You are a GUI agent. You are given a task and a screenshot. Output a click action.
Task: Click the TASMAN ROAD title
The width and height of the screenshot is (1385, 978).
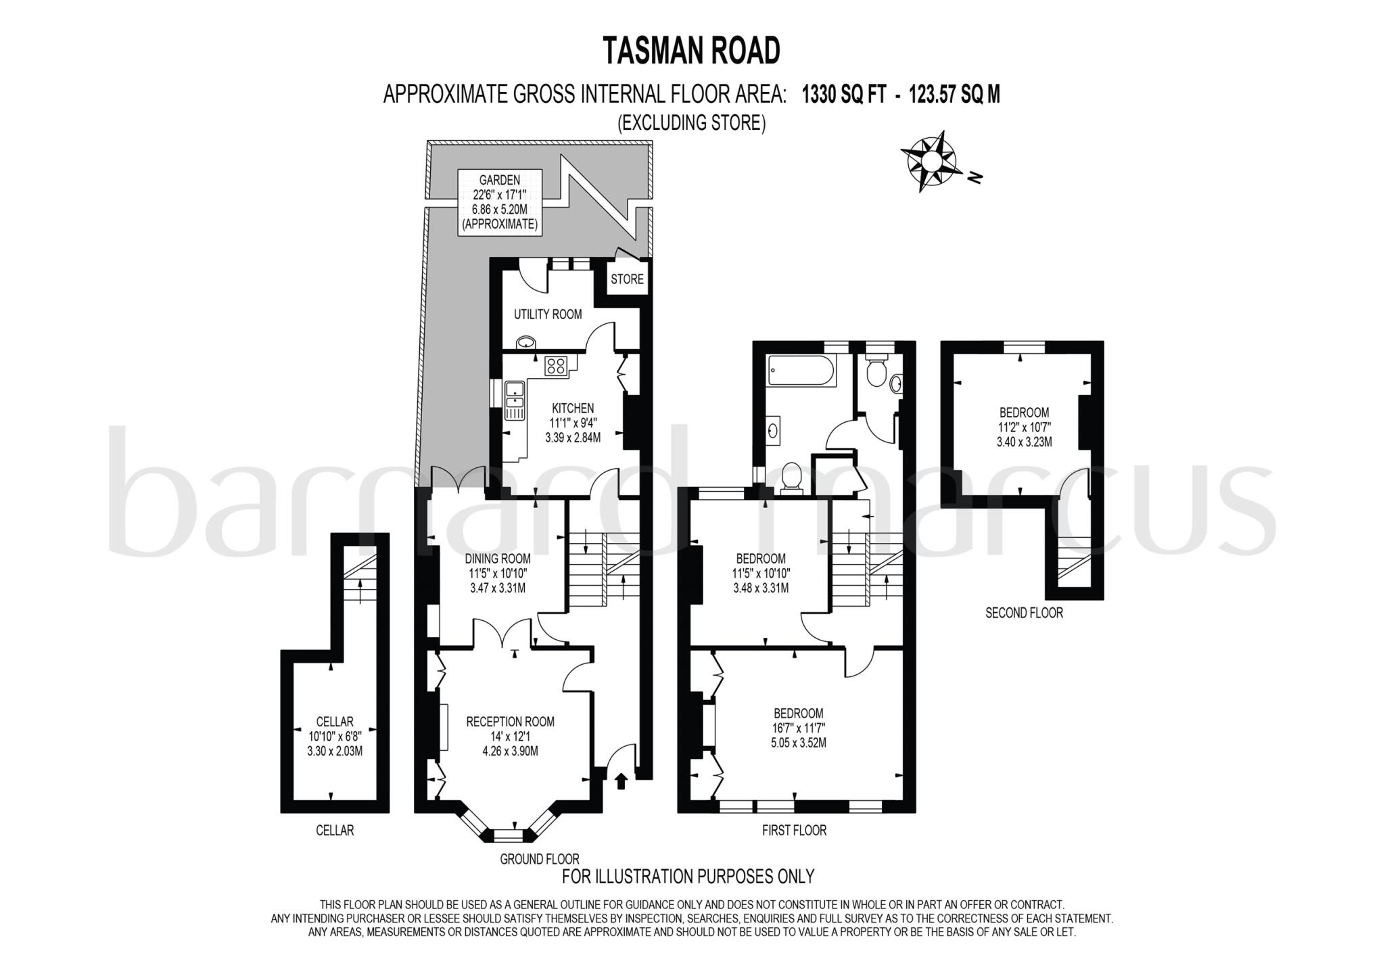691,51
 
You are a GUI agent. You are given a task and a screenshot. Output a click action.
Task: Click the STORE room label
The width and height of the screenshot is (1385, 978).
627,279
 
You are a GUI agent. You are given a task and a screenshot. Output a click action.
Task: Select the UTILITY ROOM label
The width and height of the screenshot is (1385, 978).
548,314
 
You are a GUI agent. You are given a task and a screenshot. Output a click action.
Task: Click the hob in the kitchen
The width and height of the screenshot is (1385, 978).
557,366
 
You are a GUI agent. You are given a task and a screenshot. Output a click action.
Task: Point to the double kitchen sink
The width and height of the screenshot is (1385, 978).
515,400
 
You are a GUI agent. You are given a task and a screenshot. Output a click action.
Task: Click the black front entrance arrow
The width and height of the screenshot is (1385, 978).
621,782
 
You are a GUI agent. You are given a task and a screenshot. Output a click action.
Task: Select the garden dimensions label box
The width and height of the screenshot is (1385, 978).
500,202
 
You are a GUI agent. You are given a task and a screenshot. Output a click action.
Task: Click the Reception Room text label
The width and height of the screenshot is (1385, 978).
511,722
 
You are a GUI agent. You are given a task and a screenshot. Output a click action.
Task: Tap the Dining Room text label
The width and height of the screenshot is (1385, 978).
498,559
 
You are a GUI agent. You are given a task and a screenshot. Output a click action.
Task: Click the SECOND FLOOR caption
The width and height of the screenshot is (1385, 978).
1024,613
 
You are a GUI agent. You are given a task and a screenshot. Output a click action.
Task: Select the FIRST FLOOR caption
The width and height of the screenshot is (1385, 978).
794,830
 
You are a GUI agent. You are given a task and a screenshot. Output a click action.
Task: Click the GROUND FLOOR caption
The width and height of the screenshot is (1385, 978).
540,859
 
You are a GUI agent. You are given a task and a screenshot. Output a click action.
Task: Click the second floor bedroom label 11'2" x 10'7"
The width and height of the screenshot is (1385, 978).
1024,427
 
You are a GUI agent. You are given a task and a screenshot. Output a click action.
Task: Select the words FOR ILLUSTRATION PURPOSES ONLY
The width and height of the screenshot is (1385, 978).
688,877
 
